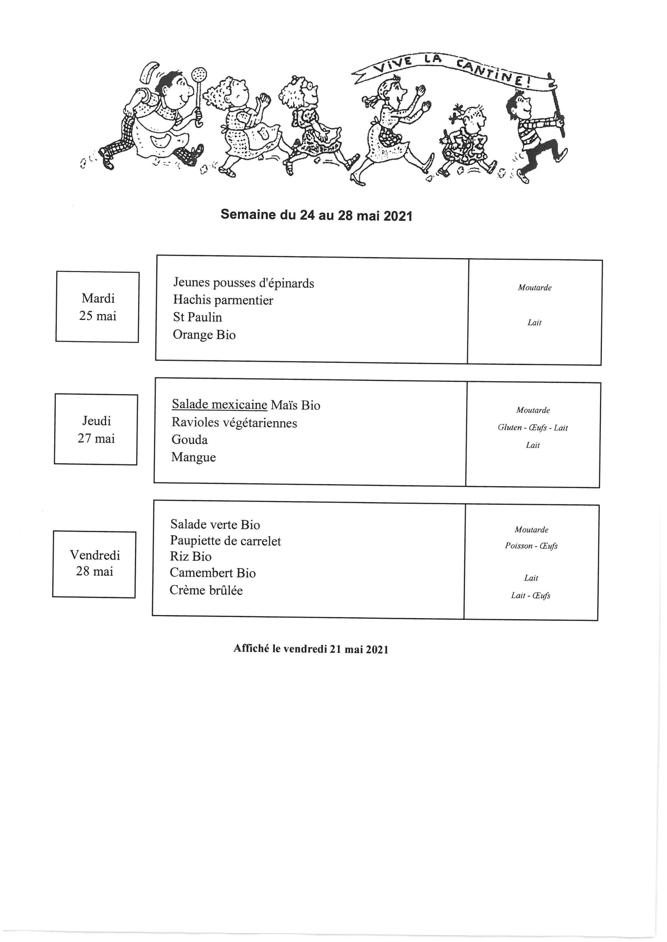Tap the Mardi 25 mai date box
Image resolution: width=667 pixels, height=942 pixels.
[x=97, y=306]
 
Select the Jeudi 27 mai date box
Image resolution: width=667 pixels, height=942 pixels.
[x=96, y=429]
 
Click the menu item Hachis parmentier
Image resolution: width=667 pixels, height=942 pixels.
[x=223, y=300]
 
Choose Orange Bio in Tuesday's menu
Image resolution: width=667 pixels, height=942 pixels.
[x=204, y=335]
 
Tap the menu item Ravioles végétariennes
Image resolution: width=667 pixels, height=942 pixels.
[x=234, y=423]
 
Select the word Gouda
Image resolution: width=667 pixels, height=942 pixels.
[x=189, y=440]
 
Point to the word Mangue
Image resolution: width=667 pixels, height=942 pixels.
[x=193, y=457]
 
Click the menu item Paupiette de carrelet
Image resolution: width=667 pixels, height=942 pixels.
[x=225, y=541]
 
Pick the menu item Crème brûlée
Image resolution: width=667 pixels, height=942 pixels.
[x=206, y=590]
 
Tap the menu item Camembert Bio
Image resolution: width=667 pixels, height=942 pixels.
[x=213, y=573]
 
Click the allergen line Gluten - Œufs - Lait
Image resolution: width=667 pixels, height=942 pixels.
[x=533, y=428]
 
